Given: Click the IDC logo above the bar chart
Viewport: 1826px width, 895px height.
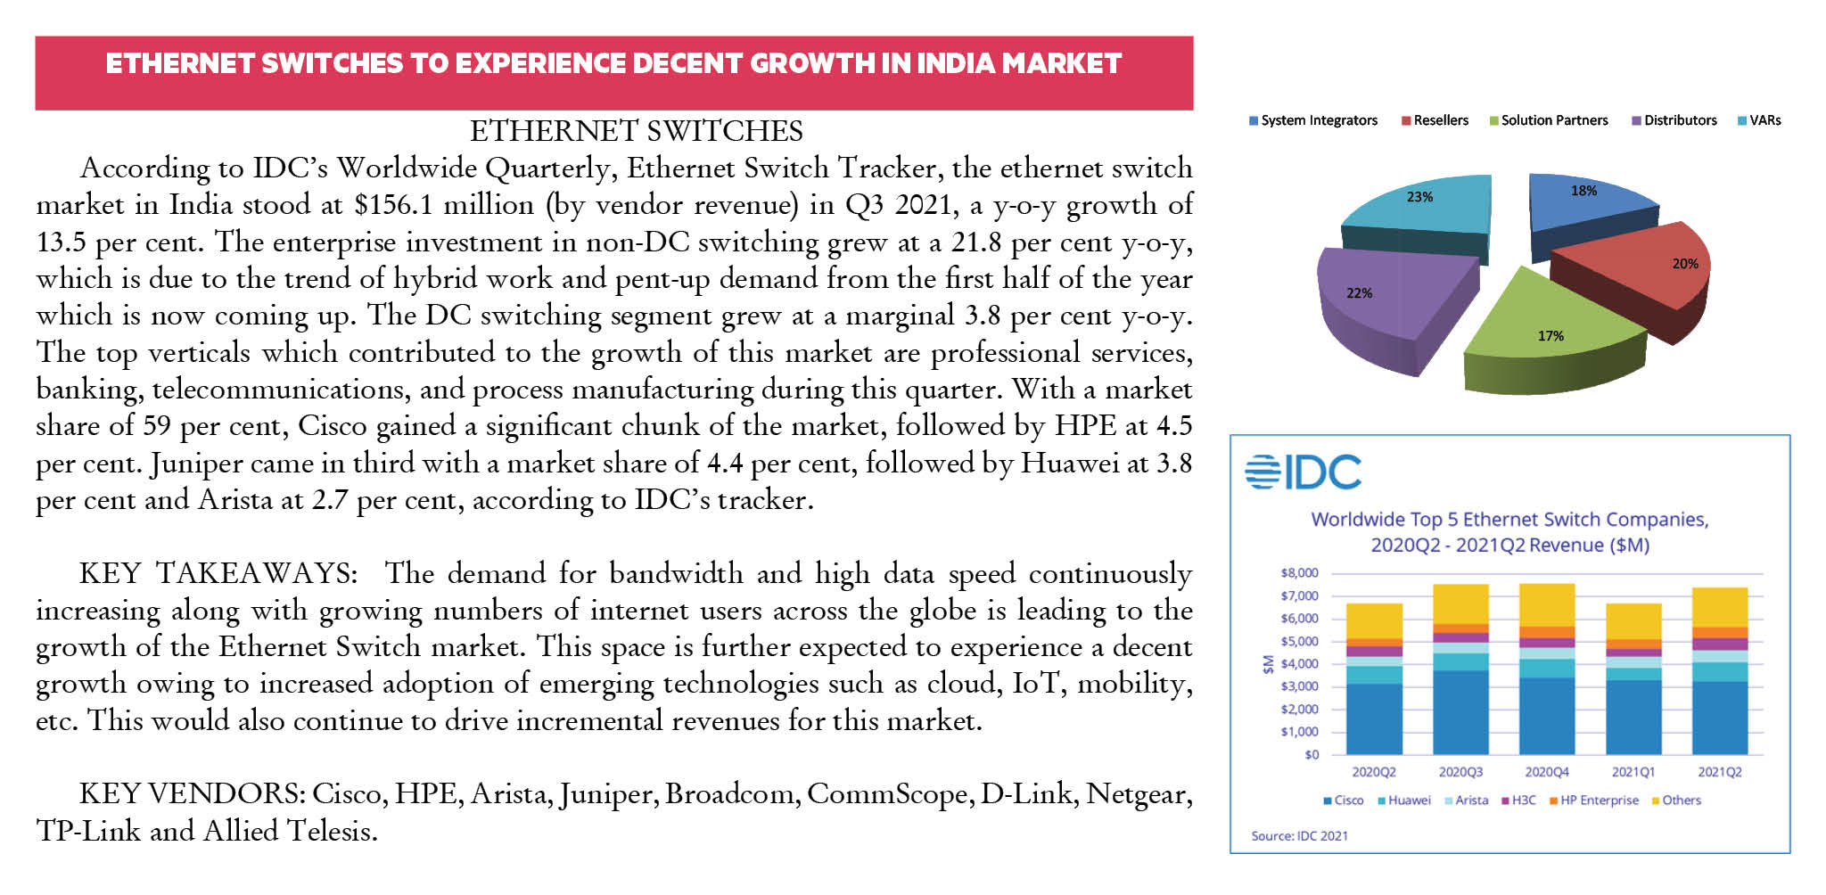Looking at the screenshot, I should pyautogui.click(x=1303, y=472).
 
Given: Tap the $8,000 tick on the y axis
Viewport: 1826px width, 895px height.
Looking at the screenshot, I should pyautogui.click(x=1299, y=573).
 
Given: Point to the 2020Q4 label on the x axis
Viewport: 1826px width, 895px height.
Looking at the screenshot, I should pyautogui.click(x=1546, y=772).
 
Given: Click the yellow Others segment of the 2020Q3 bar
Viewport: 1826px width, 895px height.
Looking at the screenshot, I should pyautogui.click(x=1460, y=604).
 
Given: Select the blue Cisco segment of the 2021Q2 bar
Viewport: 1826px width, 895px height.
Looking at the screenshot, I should pyautogui.click(x=1719, y=718).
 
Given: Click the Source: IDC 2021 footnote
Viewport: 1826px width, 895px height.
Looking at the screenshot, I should pyautogui.click(x=1299, y=836).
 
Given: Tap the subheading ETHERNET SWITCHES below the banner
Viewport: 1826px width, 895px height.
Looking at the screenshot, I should pyautogui.click(x=636, y=131).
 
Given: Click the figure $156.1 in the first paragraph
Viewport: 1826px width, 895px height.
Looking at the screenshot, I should pyautogui.click(x=393, y=205).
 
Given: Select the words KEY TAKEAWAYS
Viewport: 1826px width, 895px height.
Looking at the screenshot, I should pyautogui.click(x=218, y=573).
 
